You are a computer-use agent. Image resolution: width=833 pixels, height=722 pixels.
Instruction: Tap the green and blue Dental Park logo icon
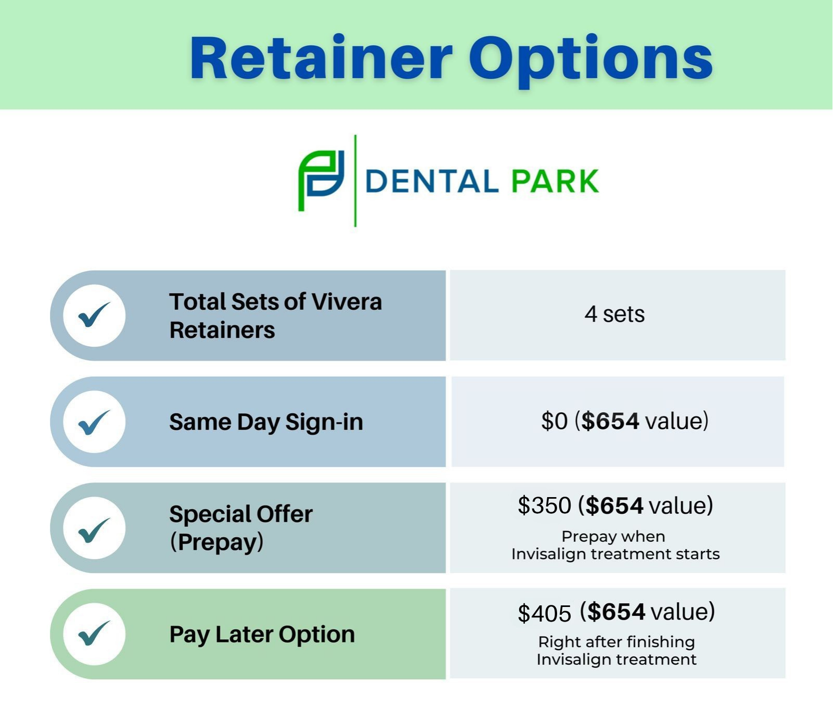(x=321, y=181)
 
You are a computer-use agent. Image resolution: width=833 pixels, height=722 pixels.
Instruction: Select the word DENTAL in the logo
(x=432, y=181)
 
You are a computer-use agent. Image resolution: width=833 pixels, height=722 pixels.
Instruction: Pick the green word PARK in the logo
(x=555, y=181)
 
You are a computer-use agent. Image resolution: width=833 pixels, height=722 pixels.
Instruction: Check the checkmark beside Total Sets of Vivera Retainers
(x=94, y=314)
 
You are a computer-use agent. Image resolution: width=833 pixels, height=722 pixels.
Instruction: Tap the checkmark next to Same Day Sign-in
(x=94, y=422)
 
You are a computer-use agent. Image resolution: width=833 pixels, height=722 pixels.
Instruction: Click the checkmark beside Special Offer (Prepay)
(x=94, y=529)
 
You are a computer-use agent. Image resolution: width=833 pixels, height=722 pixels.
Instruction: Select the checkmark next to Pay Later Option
(x=94, y=633)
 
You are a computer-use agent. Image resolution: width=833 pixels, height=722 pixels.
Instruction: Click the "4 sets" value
(x=614, y=314)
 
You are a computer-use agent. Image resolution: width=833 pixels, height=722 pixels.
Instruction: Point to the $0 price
(x=554, y=421)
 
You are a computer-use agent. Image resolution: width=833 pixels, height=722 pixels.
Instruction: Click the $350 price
(x=545, y=505)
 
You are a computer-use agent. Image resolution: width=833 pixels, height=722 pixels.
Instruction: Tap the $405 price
(x=545, y=613)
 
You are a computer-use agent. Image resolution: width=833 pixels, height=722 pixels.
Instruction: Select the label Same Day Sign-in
(x=266, y=422)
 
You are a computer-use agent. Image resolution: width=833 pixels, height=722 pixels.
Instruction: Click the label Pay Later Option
(x=262, y=635)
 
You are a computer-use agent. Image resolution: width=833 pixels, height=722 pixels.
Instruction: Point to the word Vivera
(x=347, y=301)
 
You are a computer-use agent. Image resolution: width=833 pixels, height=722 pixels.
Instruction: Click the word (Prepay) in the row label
(x=217, y=542)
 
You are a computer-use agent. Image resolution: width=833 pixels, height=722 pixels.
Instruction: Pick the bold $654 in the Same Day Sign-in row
(x=610, y=421)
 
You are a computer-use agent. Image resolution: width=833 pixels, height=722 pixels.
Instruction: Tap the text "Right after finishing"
(x=616, y=642)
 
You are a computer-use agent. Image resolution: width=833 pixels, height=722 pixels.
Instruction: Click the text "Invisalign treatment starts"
(x=615, y=554)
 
